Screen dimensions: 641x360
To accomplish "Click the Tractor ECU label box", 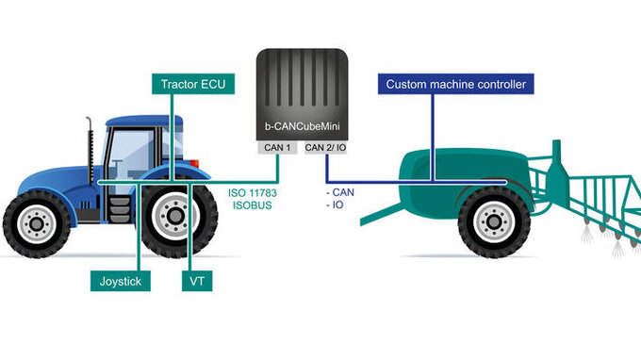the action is click(193, 84).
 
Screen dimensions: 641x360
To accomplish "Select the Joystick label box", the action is click(121, 281).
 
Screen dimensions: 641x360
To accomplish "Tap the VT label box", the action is click(197, 281).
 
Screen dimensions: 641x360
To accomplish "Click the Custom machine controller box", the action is click(456, 84).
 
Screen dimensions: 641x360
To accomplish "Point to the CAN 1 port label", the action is click(277, 148).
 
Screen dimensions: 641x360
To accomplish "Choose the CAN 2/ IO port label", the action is click(325, 148).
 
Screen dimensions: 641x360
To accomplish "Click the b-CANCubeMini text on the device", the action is click(302, 126).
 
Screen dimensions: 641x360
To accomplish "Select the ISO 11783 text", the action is click(253, 193).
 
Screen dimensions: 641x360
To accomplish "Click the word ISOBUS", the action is click(253, 205).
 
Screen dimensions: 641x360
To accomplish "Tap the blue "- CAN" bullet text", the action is click(340, 192).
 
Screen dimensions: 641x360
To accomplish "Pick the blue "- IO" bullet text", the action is click(335, 205).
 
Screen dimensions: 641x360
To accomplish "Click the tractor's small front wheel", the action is click(37, 223).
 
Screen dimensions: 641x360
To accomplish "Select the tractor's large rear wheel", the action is click(175, 216).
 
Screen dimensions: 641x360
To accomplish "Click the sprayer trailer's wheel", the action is click(494, 221).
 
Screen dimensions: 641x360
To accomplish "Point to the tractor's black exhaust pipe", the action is click(90, 150).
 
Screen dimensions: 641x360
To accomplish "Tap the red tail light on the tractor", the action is click(194, 163).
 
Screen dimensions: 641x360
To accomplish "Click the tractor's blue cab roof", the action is click(144, 121).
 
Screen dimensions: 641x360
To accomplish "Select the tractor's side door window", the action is click(129, 155).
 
